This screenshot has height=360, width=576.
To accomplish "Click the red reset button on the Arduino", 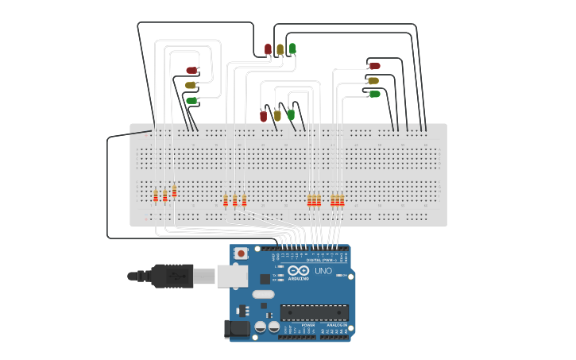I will pyautogui.click(x=241, y=253).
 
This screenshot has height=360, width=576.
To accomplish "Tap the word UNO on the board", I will pyautogui.click(x=323, y=271).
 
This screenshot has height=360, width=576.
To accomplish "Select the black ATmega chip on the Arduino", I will pyautogui.click(x=314, y=312).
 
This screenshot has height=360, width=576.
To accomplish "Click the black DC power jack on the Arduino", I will pyautogui.click(x=237, y=327).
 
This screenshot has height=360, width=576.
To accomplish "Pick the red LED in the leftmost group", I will pyautogui.click(x=191, y=71).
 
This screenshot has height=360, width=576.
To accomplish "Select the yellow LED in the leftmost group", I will pyautogui.click(x=191, y=85).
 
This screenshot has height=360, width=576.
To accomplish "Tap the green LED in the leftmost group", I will pyautogui.click(x=191, y=100).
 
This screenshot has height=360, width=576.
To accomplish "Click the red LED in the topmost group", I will pyautogui.click(x=268, y=49).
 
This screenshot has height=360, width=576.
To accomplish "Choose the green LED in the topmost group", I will pyautogui.click(x=292, y=48).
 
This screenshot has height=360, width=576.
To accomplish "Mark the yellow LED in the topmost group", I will pyautogui.click(x=280, y=49).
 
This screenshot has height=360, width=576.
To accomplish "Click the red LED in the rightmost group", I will pyautogui.click(x=374, y=66).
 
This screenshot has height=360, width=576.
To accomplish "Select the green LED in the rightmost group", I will pyautogui.click(x=374, y=94).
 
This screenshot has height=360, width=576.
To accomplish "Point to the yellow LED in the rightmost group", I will pyautogui.click(x=373, y=79).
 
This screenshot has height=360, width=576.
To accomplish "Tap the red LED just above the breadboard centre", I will pyautogui.click(x=264, y=116).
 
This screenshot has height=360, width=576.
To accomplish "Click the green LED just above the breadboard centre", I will pyautogui.click(x=291, y=114).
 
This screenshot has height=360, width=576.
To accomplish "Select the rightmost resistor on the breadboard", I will pyautogui.click(x=342, y=199).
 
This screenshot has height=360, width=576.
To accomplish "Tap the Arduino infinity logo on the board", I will pyautogui.click(x=299, y=271).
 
